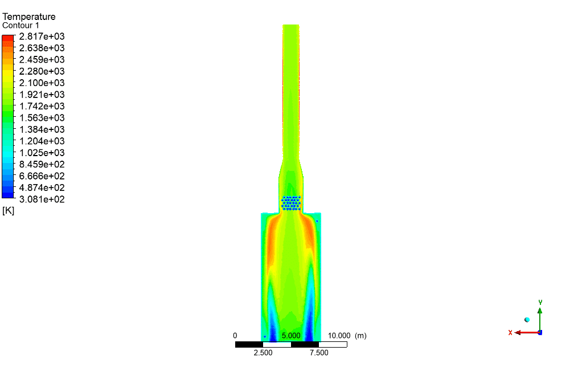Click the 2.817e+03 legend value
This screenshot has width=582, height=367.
tap(42, 36)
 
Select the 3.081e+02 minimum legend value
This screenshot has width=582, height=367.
tap(42, 199)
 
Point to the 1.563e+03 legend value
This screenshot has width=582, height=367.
tap(42, 118)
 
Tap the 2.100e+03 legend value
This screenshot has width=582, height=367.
tap(42, 83)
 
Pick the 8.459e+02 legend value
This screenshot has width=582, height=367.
tap(42, 164)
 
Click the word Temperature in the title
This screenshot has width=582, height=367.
tap(29, 17)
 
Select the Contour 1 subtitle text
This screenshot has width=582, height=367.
tap(21, 26)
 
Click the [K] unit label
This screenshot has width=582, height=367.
tap(8, 211)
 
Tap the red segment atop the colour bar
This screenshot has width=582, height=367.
tap(8, 38)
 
